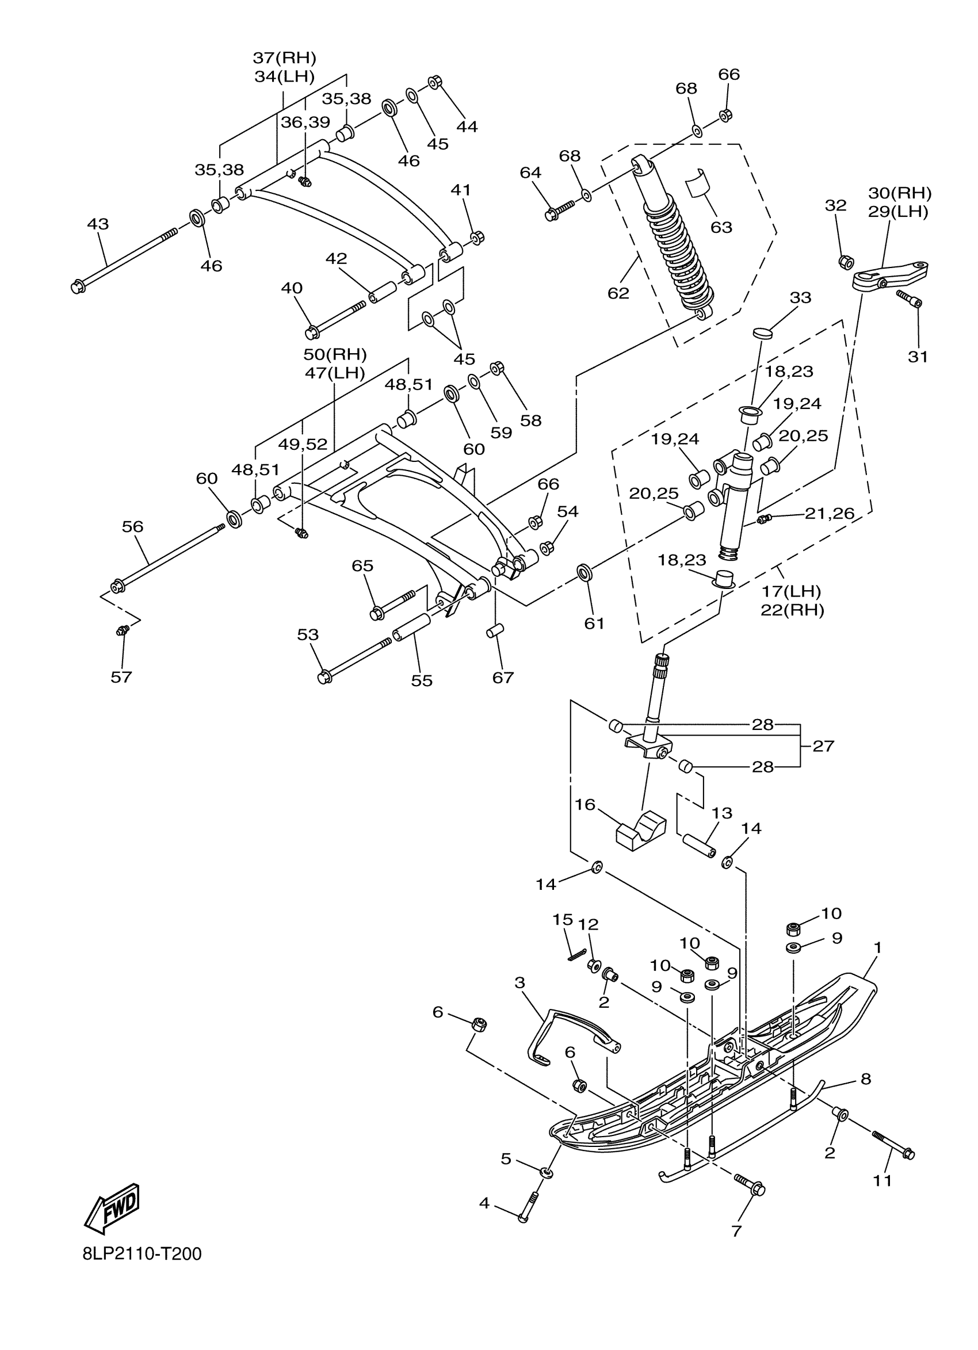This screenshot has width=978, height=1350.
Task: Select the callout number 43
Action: pos(98,224)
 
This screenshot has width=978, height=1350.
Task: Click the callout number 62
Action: pos(618,293)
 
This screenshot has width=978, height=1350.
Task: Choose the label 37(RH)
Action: pos(285,58)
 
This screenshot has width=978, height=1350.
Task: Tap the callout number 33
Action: pos(800,297)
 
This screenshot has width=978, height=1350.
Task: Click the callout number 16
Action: pos(585,805)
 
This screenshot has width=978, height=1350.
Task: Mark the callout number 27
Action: pos(823,745)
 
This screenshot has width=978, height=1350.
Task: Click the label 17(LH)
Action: pos(792,592)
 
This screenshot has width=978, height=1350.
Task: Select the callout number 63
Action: pos(721,227)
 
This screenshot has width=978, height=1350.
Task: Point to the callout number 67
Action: pos(502,678)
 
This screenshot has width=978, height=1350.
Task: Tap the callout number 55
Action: pos(422,680)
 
